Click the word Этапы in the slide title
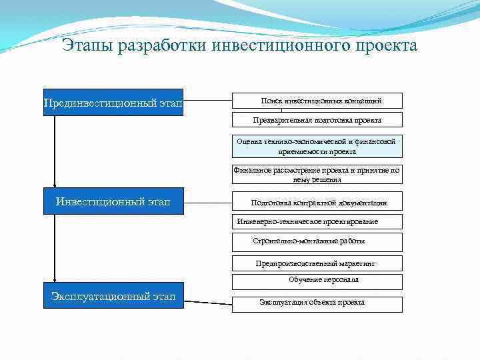coord(87,46)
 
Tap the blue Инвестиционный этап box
coord(113,201)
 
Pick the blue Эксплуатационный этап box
coord(113,296)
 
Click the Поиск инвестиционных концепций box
coord(317,101)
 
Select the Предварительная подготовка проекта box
coord(317,120)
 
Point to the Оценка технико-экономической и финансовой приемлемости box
coord(317,146)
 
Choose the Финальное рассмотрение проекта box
coord(317,175)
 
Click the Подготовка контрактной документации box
coord(317,203)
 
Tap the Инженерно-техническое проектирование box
coord(317,221)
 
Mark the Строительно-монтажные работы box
coord(317,241)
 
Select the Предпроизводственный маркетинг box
coord(317,263)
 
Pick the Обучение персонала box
coord(317,281)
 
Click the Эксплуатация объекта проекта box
coord(317,303)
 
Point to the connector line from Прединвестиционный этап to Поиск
coord(207,101)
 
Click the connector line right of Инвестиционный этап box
coord(207,200)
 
